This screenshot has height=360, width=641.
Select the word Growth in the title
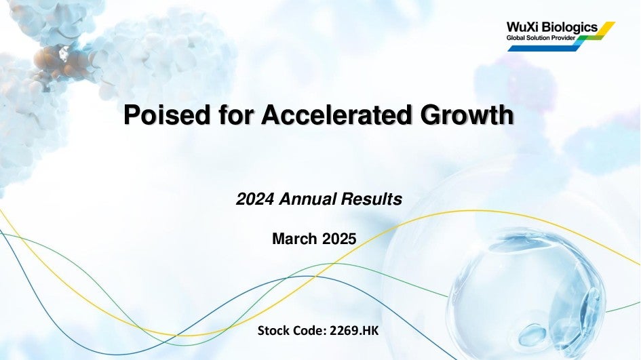(x=467, y=115)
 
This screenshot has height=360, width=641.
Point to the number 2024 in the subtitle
(x=254, y=199)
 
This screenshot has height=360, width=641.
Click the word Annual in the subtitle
(x=309, y=199)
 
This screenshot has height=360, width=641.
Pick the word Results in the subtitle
(x=372, y=199)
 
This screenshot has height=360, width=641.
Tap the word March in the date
(x=294, y=239)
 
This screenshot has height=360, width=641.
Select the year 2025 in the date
(x=339, y=239)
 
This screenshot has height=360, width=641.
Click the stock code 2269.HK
(x=354, y=331)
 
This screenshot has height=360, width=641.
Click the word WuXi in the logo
(x=523, y=27)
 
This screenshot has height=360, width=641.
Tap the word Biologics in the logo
(x=570, y=28)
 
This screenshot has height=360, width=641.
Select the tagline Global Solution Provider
(x=541, y=38)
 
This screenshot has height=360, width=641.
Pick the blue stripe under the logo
(x=544, y=48)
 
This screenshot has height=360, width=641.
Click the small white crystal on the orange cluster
(x=64, y=52)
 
